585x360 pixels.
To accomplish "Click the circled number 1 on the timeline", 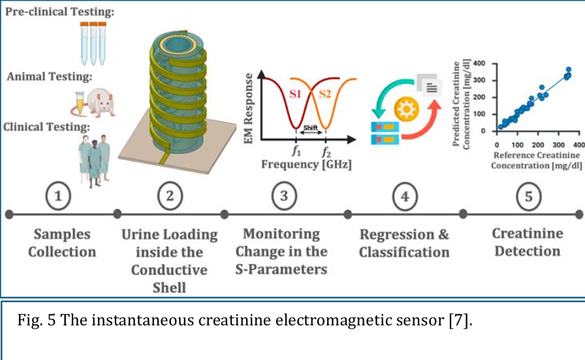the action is pyautogui.click(x=58, y=196).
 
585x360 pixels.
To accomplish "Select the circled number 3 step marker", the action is pyautogui.click(x=284, y=196).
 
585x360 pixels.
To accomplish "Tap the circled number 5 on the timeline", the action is pyautogui.click(x=529, y=197).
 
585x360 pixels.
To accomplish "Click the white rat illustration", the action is pyautogui.click(x=99, y=103).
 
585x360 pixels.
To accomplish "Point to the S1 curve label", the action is pyautogui.click(x=295, y=93).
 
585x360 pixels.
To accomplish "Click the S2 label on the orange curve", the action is pyautogui.click(x=325, y=93).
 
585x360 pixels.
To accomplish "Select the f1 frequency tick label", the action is pyautogui.click(x=296, y=151).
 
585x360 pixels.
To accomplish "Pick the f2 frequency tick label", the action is pyautogui.click(x=326, y=151).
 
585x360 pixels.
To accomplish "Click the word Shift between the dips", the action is pyautogui.click(x=310, y=127).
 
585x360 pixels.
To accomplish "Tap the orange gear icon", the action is pyautogui.click(x=406, y=109).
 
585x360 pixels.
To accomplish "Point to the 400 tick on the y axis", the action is pyautogui.click(x=479, y=63).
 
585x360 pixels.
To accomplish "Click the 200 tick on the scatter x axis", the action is pyautogui.click(x=537, y=145).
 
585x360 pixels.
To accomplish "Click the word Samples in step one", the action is pyautogui.click(x=62, y=234).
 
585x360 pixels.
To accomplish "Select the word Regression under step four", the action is pyautogui.click(x=397, y=235).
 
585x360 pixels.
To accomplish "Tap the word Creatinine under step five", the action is pyautogui.click(x=528, y=233).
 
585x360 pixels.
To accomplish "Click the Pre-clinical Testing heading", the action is pyautogui.click(x=59, y=12).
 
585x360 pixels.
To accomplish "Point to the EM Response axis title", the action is pyautogui.click(x=248, y=108).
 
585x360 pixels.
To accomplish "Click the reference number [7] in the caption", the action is pyautogui.click(x=458, y=320).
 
